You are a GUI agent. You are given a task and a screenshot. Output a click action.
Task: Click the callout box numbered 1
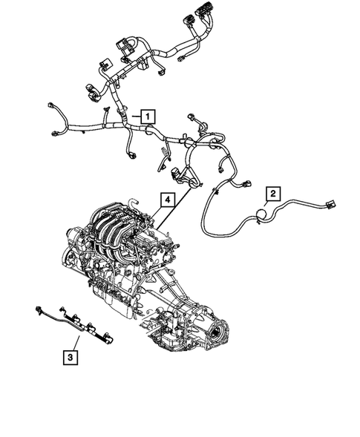point(148,116)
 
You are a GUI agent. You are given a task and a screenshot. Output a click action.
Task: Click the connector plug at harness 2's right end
point(330,206)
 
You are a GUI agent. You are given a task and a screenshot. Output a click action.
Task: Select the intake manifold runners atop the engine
point(119,223)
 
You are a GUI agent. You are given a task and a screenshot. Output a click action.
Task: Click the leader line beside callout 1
point(134,116)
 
